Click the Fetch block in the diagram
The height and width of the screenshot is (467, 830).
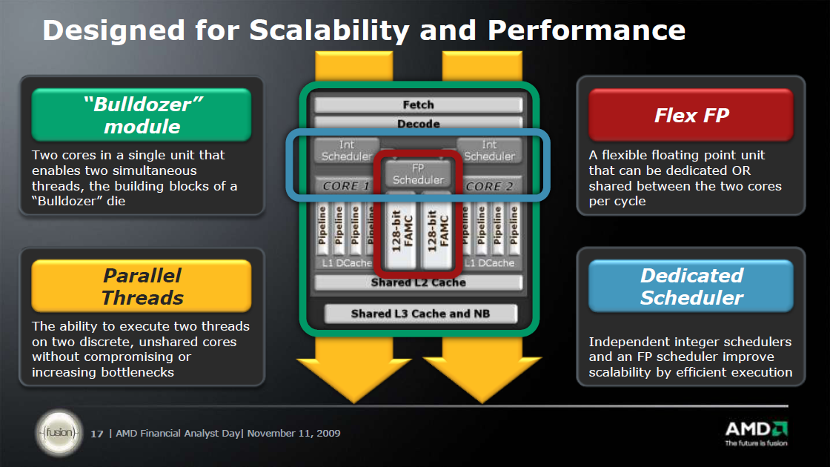coord(418,105)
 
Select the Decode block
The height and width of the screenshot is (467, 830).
coord(418,123)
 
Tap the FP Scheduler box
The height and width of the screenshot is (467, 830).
coord(418,173)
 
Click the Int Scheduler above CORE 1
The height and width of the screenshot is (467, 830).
coord(347,150)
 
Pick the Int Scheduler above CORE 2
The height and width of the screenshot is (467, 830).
coord(489,150)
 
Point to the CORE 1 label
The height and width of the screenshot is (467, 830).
coord(345,186)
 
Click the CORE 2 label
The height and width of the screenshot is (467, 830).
coord(489,186)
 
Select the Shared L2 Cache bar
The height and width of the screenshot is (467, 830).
coord(418,282)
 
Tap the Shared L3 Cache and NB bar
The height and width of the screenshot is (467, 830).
coord(420,314)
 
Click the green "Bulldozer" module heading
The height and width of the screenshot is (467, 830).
coord(142,115)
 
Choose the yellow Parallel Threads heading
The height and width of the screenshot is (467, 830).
coord(142,286)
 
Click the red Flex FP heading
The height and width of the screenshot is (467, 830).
coord(691,115)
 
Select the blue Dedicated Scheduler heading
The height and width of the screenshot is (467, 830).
coord(691,286)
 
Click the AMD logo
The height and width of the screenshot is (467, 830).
coord(757,434)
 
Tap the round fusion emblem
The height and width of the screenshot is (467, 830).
coord(59,433)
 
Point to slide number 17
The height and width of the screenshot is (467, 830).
coord(96,434)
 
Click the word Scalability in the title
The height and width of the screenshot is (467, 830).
coord(329,30)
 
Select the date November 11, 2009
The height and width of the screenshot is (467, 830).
coord(293,433)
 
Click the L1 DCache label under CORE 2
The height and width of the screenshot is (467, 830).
coord(490,262)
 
